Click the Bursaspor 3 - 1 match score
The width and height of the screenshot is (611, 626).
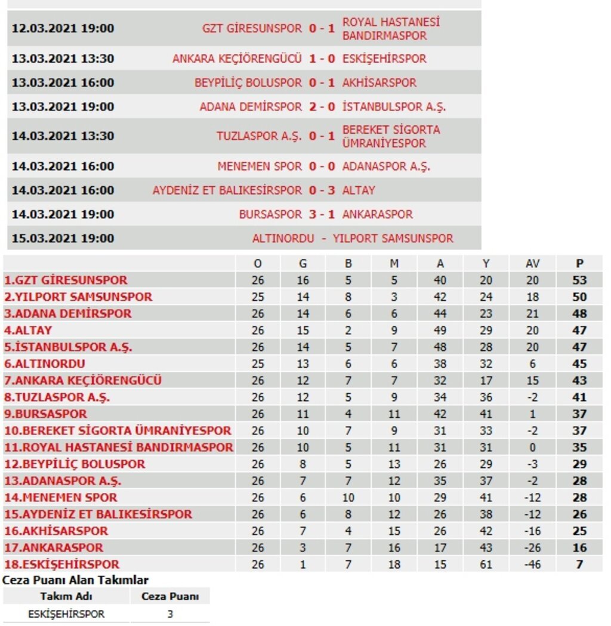point(322,214)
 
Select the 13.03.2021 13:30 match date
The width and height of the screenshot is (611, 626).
point(63,59)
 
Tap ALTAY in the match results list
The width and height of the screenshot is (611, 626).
point(359,190)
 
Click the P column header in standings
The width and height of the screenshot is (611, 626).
point(579,263)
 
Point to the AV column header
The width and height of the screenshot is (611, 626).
point(532,263)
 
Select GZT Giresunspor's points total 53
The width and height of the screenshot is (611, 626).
point(579,280)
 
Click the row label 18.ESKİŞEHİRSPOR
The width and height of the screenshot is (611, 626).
point(61,564)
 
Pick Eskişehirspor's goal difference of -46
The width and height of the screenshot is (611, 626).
point(532,564)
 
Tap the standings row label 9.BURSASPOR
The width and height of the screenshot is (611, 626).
point(45,414)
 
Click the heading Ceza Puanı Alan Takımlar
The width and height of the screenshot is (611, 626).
point(76,579)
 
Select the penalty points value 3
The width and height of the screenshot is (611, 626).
point(170,613)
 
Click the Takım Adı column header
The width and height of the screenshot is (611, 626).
point(66,596)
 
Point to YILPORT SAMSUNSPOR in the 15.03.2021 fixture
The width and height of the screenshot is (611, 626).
point(393,238)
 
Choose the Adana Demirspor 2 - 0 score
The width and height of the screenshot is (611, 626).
point(322,107)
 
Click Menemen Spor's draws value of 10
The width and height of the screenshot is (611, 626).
point(348,497)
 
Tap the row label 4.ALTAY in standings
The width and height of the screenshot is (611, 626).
point(28,330)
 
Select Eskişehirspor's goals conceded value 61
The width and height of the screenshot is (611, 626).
point(486,564)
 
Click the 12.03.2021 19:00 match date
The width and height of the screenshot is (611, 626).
point(63,29)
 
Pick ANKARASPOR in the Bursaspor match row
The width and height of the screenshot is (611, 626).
point(377,214)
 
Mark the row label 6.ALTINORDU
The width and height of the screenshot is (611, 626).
point(45,363)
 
